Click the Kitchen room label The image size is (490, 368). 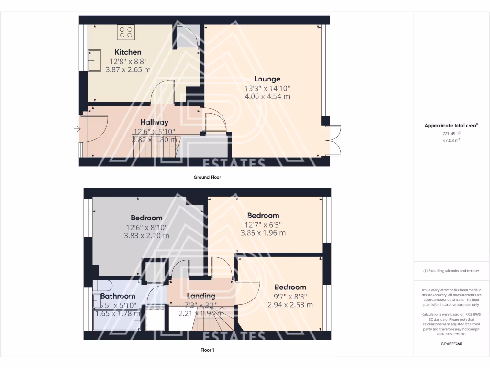(128, 52)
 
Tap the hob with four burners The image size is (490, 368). (126, 32)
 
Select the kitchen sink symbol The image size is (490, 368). (91, 59)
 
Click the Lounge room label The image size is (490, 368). (267, 79)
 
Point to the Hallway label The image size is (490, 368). (154, 122)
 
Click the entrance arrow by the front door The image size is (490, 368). (77, 129)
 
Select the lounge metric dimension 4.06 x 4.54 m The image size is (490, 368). (267, 96)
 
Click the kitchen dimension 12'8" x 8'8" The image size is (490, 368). (128, 61)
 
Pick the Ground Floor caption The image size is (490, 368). (207, 177)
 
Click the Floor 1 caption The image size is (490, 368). (207, 350)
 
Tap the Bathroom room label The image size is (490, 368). (118, 296)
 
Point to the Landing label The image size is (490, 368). (201, 296)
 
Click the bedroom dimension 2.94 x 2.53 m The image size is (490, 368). (290, 305)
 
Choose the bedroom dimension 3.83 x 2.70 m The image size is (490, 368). (146, 235)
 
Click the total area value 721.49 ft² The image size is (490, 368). (451, 134)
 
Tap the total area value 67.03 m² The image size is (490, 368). (451, 141)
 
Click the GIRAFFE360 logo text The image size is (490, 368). (451, 344)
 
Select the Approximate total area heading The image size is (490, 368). (451, 126)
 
